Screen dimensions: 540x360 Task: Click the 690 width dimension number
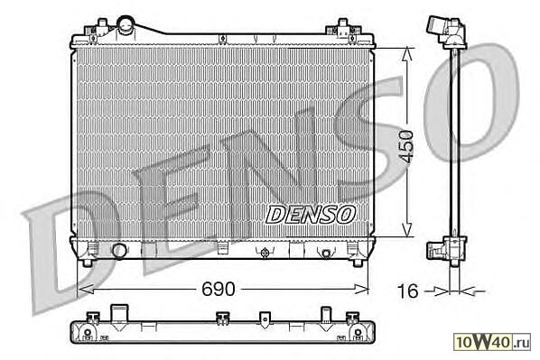pyautogui.click(x=218, y=289)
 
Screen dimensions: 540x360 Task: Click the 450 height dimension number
pyautogui.click(x=406, y=146)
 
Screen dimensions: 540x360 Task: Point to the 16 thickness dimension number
pyautogui.click(x=408, y=291)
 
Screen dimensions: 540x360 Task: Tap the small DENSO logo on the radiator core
pyautogui.click(x=311, y=215)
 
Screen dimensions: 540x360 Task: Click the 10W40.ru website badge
pyautogui.click(x=492, y=342)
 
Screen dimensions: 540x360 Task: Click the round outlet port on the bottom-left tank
pyautogui.click(x=119, y=251)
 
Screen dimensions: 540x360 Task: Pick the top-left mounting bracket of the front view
pyautogui.click(x=98, y=31)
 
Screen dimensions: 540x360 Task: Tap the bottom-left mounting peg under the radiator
pyautogui.click(x=88, y=263)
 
